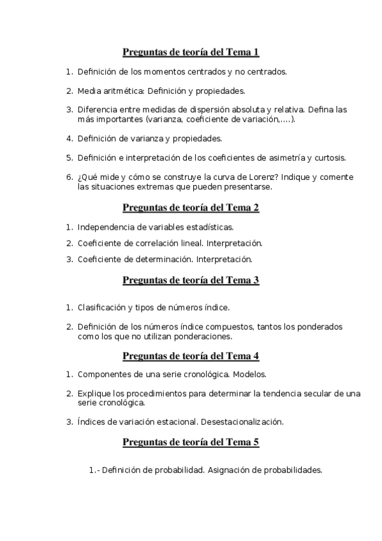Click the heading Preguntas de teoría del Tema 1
190,52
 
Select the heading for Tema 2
190,207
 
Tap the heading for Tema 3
190,280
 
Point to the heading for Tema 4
190,356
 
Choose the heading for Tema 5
190,441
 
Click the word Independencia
105,226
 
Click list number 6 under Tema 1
69,177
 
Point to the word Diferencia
98,110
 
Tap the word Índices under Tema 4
91,422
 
